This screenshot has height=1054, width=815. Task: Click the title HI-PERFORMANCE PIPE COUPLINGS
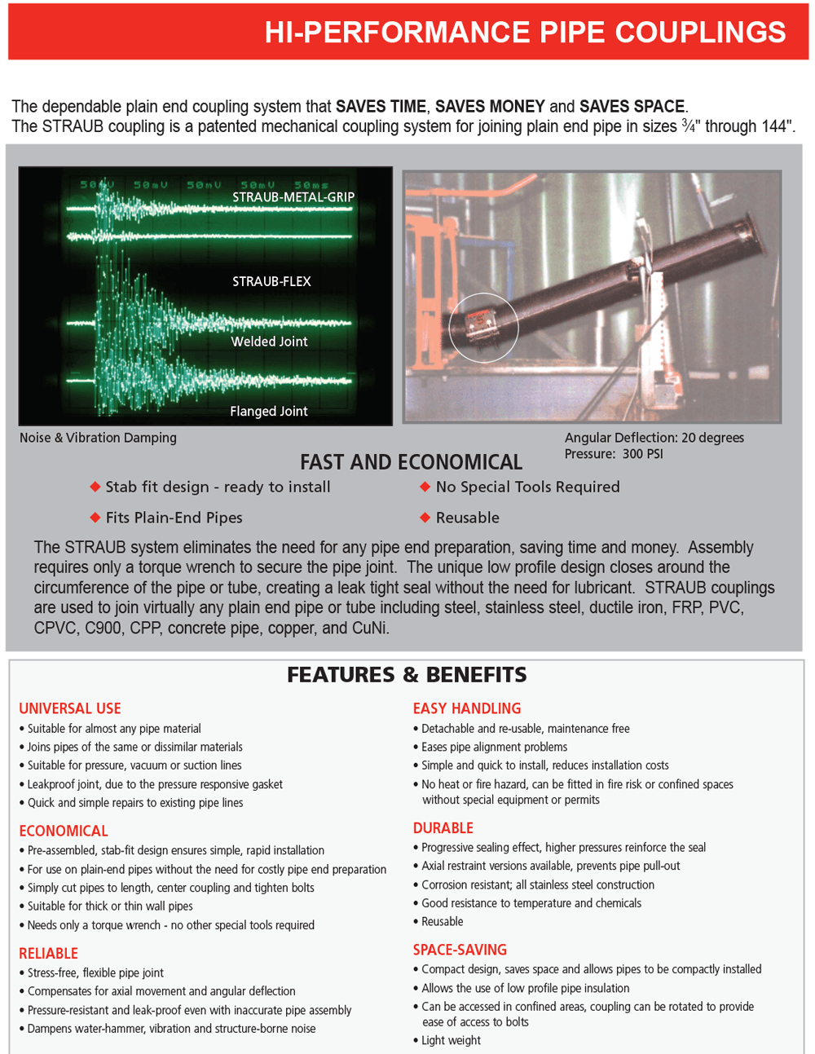(x=525, y=32)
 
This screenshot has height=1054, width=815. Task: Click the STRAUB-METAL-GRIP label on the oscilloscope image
(x=293, y=197)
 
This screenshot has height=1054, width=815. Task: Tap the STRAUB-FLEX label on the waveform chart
(x=271, y=282)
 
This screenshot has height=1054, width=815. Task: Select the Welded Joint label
(x=269, y=342)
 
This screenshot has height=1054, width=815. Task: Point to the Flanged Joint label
(x=268, y=412)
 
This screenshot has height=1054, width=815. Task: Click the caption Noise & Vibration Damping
(x=98, y=438)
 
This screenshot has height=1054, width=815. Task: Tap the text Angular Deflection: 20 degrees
(x=654, y=438)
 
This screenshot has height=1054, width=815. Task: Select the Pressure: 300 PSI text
(x=613, y=454)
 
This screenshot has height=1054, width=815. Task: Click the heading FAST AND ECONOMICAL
(x=411, y=462)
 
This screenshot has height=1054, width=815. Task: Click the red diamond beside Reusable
(x=425, y=518)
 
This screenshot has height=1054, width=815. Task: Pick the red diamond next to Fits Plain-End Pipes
(x=95, y=518)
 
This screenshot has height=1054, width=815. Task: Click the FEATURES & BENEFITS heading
(x=407, y=675)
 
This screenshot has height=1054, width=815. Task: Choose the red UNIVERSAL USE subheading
(x=70, y=709)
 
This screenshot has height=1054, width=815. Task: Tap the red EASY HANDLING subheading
(x=467, y=709)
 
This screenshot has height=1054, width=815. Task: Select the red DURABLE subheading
(x=443, y=828)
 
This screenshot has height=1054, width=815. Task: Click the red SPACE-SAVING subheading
(x=460, y=950)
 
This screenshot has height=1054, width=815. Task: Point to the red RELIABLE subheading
(x=49, y=954)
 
